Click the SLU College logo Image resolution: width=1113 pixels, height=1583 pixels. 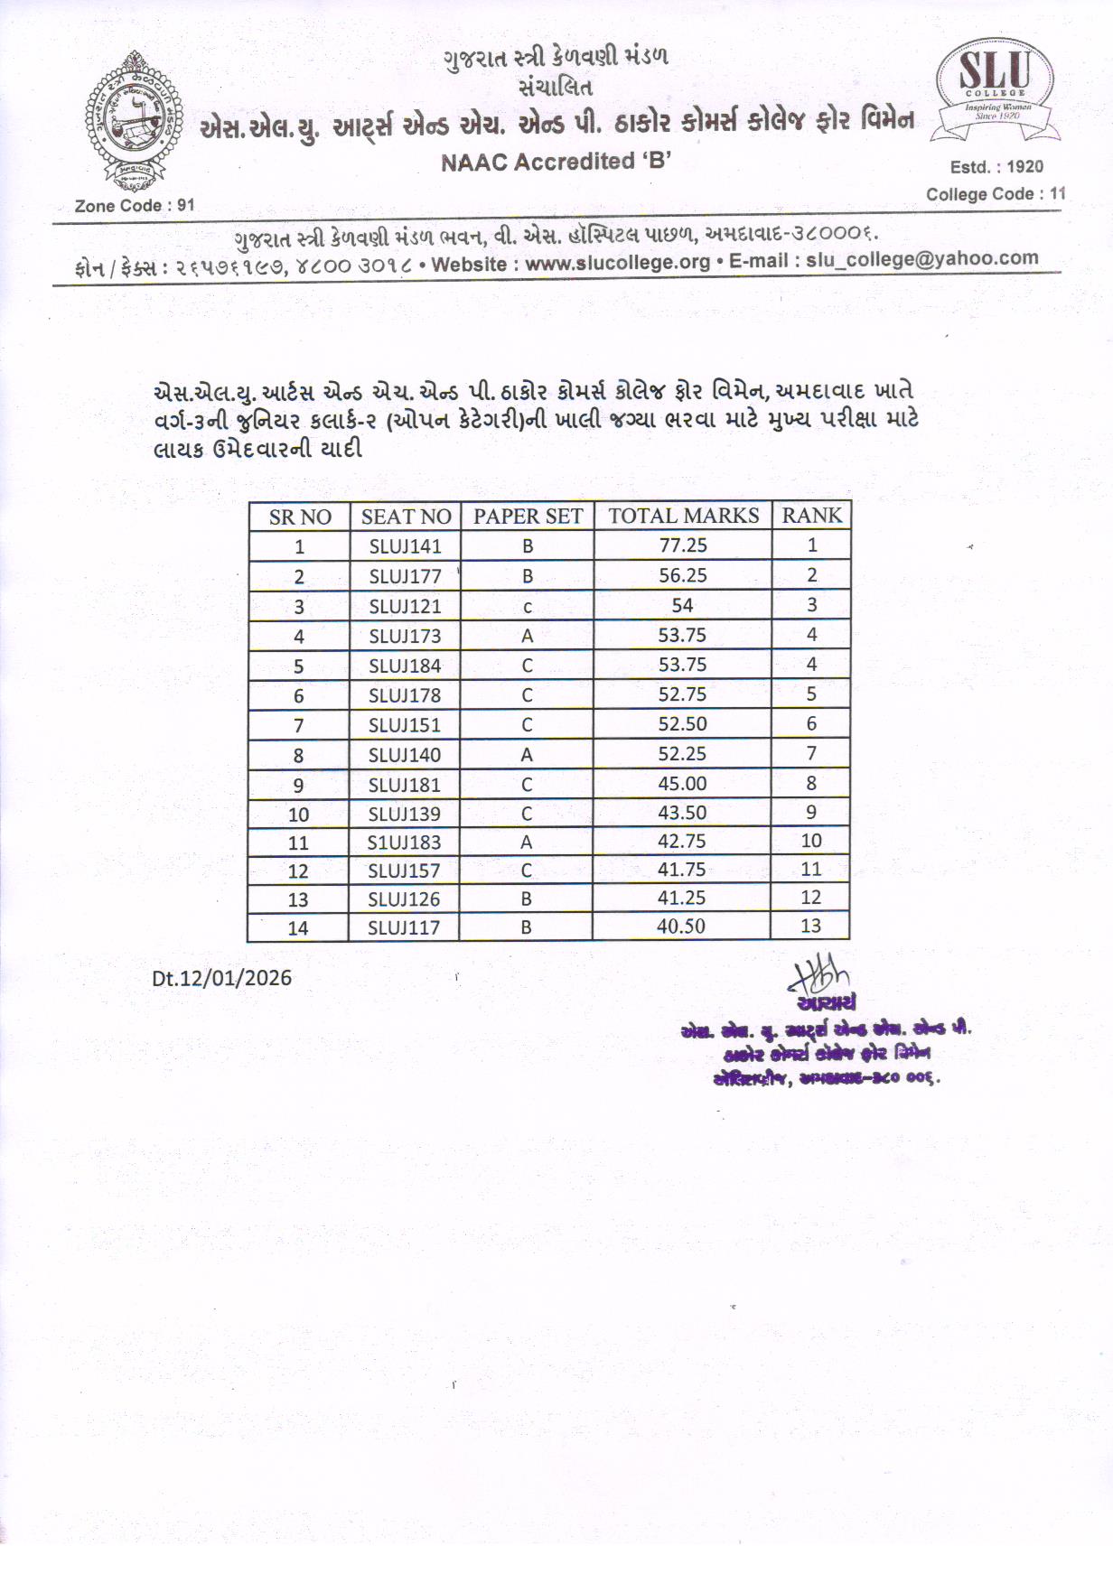coord(996,91)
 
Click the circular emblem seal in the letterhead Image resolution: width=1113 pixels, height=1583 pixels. coord(135,120)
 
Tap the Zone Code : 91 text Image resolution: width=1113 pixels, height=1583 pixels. coord(135,205)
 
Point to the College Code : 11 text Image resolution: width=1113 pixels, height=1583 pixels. coord(996,193)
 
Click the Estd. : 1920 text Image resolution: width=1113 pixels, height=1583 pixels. coord(996,166)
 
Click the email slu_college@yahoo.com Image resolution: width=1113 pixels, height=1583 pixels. coord(921,258)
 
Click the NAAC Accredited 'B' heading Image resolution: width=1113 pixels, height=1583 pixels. coord(556,162)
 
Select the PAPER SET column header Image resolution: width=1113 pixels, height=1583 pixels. coord(528,517)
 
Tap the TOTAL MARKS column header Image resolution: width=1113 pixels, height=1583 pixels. coord(683,516)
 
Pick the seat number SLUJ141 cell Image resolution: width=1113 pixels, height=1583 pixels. coord(405,545)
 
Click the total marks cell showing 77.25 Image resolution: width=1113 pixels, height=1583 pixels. coord(683,545)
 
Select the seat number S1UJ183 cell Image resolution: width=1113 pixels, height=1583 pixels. coord(404,842)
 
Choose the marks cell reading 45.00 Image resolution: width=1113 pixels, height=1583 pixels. coord(682,783)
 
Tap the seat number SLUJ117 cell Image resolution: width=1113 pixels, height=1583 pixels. coord(404,927)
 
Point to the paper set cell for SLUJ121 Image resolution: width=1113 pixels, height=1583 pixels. coord(528,606)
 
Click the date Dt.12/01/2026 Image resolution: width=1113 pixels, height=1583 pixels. coord(221,978)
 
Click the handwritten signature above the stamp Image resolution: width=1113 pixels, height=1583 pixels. coord(819,976)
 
